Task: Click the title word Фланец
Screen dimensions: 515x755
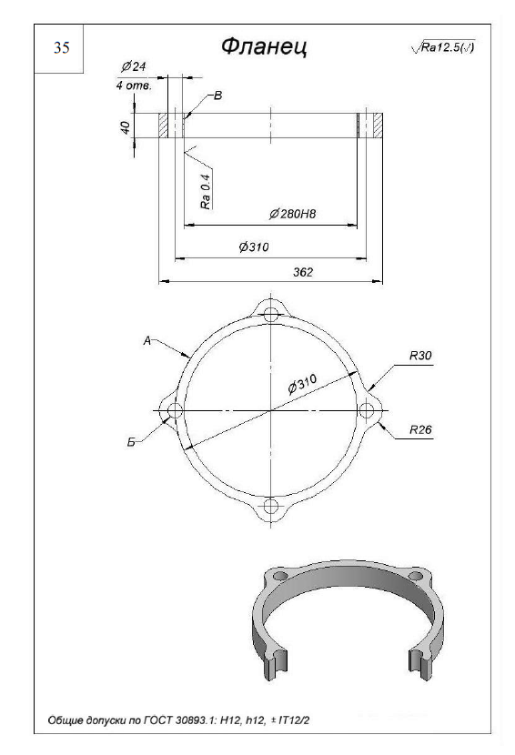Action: pyautogui.click(x=265, y=47)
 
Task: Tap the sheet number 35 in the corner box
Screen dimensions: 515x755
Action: pyautogui.click(x=61, y=47)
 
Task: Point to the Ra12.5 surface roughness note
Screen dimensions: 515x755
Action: pyautogui.click(x=443, y=47)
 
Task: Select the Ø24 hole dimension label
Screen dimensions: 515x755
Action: pyautogui.click(x=134, y=66)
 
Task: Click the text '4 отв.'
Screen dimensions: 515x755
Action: pyautogui.click(x=134, y=86)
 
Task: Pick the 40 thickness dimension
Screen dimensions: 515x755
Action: pyautogui.click(x=126, y=127)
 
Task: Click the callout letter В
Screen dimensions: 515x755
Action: pyautogui.click(x=217, y=96)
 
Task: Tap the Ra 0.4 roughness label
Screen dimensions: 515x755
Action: pyautogui.click(x=207, y=191)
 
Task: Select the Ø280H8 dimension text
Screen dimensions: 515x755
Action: pyautogui.click(x=292, y=214)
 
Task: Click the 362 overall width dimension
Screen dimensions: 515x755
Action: pyautogui.click(x=303, y=272)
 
